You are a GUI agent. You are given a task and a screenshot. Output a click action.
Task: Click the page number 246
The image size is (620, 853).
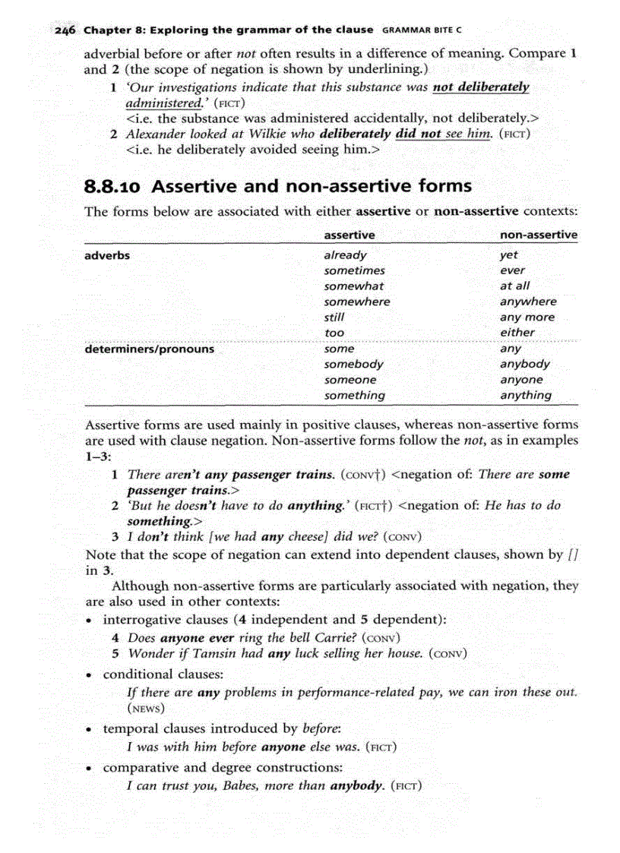pyautogui.click(x=65, y=30)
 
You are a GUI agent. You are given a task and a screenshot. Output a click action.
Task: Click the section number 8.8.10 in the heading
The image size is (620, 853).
pyautogui.click(x=114, y=186)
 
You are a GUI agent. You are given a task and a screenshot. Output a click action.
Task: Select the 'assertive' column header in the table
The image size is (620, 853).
pyautogui.click(x=349, y=235)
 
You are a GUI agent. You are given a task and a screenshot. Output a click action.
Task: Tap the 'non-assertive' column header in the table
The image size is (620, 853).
pyautogui.click(x=538, y=235)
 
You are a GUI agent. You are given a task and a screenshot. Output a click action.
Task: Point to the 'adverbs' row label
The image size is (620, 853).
pyautogui.click(x=107, y=255)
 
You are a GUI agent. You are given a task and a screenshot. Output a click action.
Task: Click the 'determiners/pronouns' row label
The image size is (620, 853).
pyautogui.click(x=149, y=349)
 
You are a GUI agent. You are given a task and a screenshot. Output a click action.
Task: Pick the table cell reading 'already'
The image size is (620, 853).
pyautogui.click(x=345, y=255)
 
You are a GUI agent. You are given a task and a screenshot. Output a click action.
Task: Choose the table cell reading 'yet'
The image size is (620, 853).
pyautogui.click(x=508, y=255)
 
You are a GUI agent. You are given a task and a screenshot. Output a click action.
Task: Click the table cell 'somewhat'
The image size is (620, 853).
pyautogui.click(x=353, y=286)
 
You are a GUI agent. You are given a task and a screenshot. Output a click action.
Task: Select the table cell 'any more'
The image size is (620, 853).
pyautogui.click(x=527, y=318)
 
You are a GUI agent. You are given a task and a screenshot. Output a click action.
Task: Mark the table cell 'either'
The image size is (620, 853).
pyautogui.click(x=517, y=333)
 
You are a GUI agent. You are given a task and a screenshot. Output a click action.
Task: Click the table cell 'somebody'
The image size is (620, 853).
pyautogui.click(x=353, y=365)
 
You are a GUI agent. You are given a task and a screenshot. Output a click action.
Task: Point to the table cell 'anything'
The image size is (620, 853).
pyautogui.click(x=525, y=395)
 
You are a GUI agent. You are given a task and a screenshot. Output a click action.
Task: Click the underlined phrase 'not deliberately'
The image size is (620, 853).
pyautogui.click(x=480, y=87)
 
